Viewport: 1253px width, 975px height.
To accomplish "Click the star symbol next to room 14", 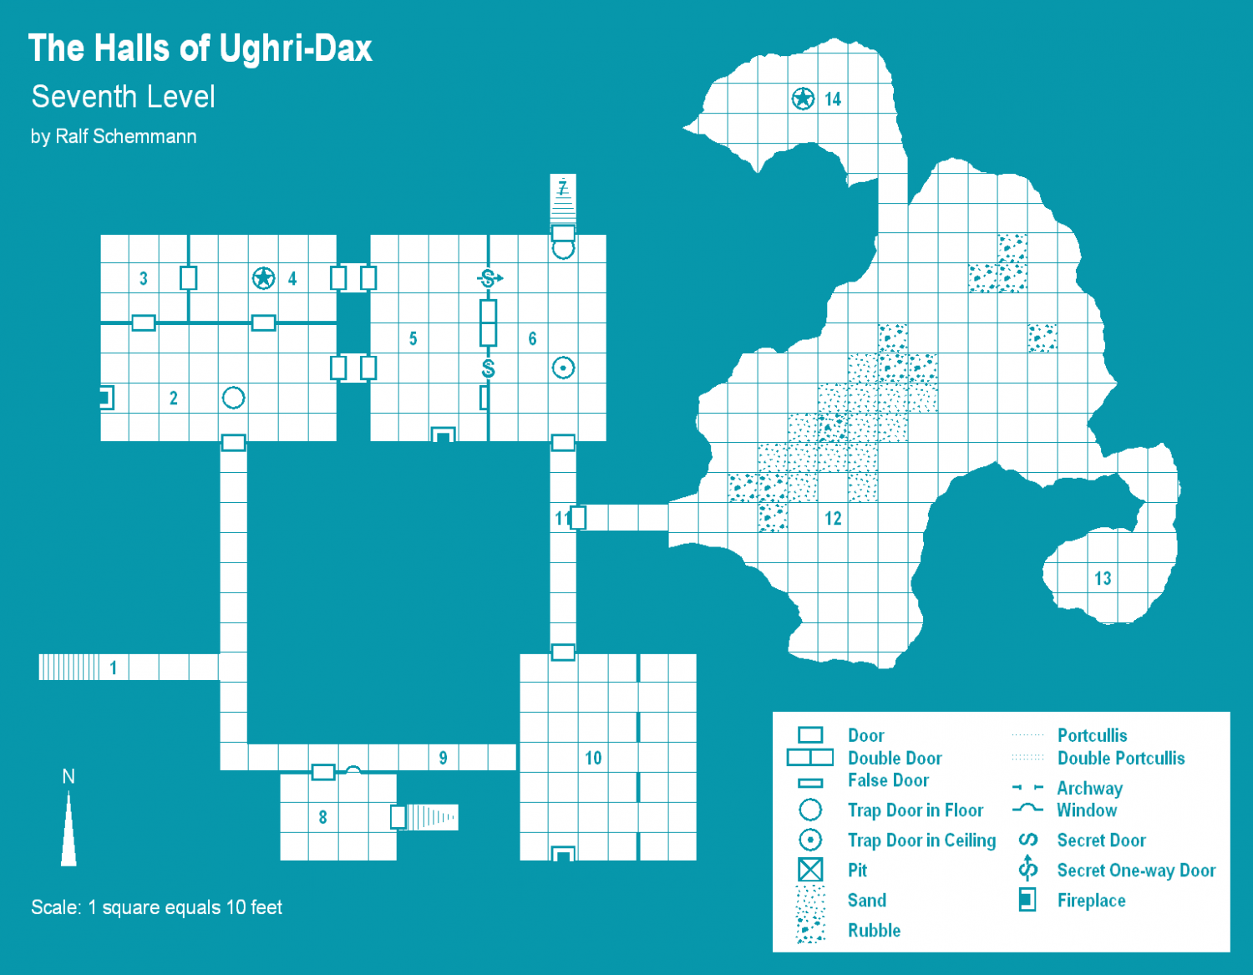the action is [x=803, y=99].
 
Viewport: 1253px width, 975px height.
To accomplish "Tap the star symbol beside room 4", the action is [x=263, y=278].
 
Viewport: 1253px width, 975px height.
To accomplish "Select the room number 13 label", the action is [x=1103, y=578].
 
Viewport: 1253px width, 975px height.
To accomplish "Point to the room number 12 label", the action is [x=833, y=518].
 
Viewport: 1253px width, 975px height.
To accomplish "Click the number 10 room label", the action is [x=593, y=758].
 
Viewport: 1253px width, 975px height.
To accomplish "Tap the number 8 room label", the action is [x=323, y=817].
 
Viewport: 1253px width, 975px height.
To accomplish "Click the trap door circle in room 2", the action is [x=234, y=398].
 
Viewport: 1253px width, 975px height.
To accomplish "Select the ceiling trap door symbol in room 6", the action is [x=563, y=368].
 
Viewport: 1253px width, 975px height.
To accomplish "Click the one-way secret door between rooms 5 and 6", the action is [x=490, y=278].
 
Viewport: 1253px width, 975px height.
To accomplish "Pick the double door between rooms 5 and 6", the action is [x=489, y=322].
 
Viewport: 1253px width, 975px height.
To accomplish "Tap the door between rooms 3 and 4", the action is [x=189, y=278].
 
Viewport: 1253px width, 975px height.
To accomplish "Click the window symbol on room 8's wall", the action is [x=353, y=769].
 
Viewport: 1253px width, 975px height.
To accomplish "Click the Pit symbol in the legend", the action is [x=810, y=870].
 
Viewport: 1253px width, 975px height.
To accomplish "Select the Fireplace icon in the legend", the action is [x=1027, y=900].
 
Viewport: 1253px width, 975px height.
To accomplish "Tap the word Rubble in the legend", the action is [x=874, y=930].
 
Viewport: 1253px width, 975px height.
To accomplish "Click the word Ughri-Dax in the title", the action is [x=296, y=48].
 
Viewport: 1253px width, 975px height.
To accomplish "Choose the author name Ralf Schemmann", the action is [x=125, y=137].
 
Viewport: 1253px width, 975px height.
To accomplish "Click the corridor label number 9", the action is [x=443, y=758].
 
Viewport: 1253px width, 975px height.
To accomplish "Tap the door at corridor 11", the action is [x=578, y=517].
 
